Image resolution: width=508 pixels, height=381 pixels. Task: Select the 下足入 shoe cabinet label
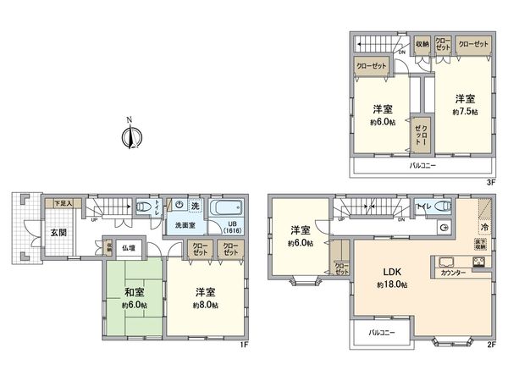coord(63,203)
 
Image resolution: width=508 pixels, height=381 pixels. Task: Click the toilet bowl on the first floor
coord(143,207)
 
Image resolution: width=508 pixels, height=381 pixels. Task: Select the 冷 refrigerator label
coord(485,228)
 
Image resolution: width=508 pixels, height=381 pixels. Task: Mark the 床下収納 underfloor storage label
coord(480,245)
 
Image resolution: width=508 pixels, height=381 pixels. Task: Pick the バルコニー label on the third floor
coord(422,166)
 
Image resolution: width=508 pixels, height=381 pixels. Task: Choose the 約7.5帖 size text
coord(464,111)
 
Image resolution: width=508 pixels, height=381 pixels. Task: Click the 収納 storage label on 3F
coord(422,43)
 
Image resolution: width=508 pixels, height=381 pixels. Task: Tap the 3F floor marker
coord(489,179)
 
